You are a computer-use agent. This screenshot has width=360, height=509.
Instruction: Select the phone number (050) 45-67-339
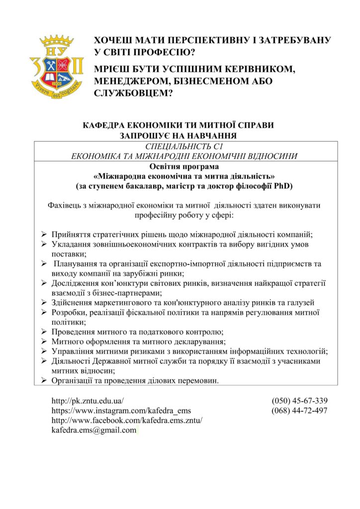299,401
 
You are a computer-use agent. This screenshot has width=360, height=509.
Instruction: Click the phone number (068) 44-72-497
299,411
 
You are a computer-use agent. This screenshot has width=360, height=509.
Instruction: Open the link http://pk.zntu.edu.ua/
88,401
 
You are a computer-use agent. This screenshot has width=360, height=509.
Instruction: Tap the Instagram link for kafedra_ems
121,411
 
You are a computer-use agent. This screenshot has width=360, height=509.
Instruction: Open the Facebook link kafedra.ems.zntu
127,421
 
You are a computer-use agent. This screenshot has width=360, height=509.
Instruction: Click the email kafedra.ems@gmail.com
94,430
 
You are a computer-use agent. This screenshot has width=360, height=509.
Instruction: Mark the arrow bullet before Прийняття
43,234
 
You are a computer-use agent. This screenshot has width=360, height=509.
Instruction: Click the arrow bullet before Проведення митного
43,332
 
